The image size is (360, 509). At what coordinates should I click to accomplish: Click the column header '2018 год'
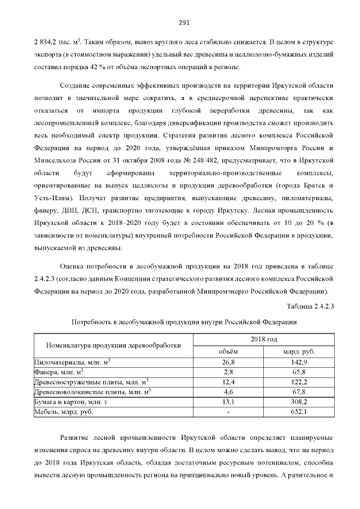(x=264, y=340)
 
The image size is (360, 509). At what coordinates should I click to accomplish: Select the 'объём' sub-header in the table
(x=228, y=352)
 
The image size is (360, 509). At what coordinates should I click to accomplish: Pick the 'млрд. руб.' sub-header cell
(x=298, y=352)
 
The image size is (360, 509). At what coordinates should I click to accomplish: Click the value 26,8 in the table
(x=228, y=362)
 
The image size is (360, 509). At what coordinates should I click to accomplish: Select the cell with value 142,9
(x=298, y=362)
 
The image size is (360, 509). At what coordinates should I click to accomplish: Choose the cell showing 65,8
(x=298, y=372)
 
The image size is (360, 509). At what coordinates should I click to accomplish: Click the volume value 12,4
(x=228, y=382)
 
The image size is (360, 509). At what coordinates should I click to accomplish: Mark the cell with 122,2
(x=298, y=382)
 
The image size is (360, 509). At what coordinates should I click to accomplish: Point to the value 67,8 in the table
(x=298, y=392)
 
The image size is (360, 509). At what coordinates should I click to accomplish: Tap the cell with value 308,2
(x=298, y=402)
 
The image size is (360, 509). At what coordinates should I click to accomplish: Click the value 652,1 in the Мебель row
(x=298, y=412)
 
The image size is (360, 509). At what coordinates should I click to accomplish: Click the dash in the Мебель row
(x=228, y=412)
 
